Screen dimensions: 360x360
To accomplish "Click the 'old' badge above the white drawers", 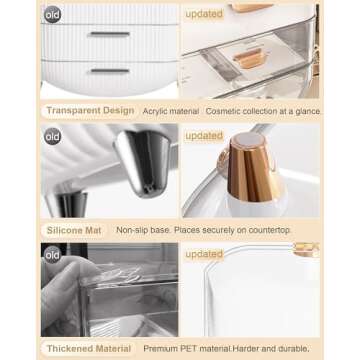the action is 53,15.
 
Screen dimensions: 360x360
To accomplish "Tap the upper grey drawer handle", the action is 110,34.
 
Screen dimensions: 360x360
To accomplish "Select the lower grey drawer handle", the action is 110,71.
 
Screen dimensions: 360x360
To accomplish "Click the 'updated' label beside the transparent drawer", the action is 204,14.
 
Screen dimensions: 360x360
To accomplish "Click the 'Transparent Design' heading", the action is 90,111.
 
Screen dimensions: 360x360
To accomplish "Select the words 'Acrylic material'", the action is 171,111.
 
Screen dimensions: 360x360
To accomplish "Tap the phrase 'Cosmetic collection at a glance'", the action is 263,111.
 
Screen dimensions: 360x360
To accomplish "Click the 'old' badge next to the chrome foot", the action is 53,136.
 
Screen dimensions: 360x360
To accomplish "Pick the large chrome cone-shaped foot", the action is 143,163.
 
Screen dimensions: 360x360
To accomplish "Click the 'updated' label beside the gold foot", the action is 204,136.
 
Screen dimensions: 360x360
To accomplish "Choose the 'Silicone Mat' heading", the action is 74,230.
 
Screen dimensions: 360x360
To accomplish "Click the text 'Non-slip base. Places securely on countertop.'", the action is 204,230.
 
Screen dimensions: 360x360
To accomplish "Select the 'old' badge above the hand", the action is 53,255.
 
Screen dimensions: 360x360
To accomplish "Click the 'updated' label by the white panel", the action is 204,254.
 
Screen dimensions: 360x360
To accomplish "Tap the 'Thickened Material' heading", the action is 89,349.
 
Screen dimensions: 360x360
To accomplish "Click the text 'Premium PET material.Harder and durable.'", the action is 226,349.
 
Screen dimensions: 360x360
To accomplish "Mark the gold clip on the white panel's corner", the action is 306,249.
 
